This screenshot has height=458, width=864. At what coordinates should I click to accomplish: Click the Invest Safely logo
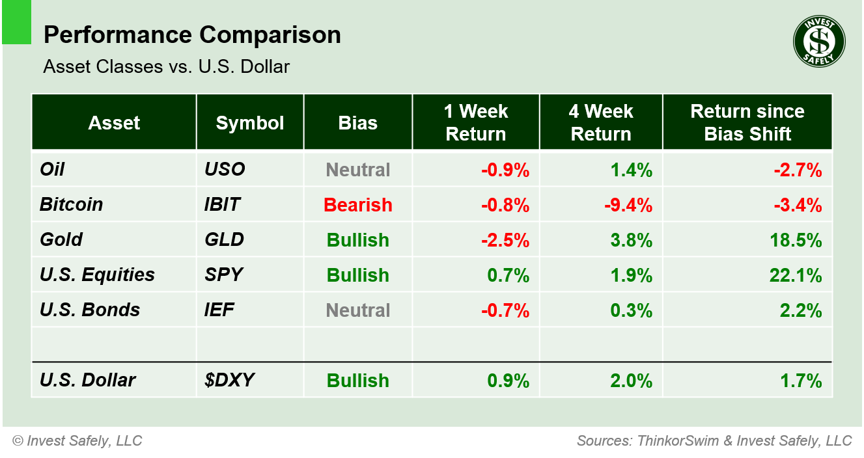pos(818,42)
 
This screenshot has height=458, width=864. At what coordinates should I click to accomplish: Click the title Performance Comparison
pos(192,35)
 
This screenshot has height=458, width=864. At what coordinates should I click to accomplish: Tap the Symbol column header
pos(250,123)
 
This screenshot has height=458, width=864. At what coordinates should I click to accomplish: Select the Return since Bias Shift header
pos(747,122)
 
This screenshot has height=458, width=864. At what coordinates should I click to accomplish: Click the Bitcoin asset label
pos(72,204)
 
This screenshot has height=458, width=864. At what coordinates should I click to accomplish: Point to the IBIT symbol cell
pos(222,204)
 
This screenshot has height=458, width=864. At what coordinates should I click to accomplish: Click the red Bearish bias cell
pos(358,205)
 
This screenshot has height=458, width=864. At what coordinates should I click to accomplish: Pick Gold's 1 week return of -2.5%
pos(505,240)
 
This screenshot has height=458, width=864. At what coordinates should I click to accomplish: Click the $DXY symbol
pos(225,381)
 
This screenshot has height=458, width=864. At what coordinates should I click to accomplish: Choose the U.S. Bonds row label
pos(90,310)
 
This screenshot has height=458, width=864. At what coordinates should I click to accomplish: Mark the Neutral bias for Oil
pos(358,170)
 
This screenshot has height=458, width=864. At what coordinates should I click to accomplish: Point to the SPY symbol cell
pos(223,275)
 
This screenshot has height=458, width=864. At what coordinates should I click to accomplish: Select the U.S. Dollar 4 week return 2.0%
pos(632,381)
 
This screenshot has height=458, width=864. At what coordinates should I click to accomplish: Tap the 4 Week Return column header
pos(600,122)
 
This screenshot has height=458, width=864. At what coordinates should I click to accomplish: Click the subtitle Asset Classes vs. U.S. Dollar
pos(167,66)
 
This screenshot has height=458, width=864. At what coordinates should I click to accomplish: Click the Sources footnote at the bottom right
pos(714,440)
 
